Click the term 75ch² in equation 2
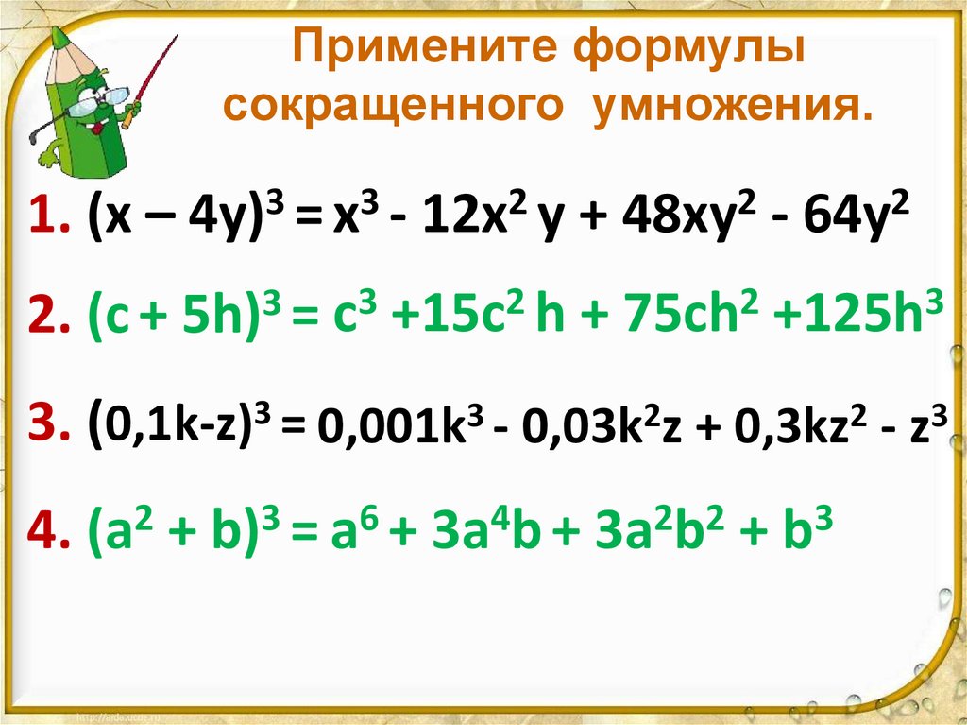click(692, 322)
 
